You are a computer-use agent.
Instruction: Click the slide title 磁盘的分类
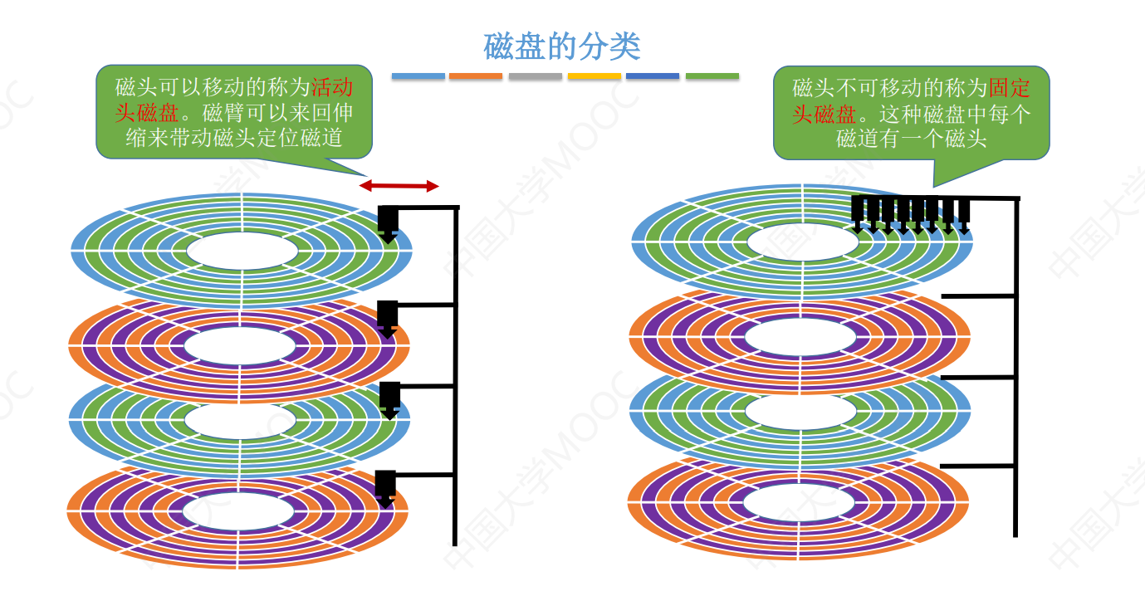point(562,46)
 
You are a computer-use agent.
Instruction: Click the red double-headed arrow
point(399,186)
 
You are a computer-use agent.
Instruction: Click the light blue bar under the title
point(418,76)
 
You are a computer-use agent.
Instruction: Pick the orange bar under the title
point(476,76)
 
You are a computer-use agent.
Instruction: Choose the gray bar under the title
point(536,76)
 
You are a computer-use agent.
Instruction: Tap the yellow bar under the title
point(595,76)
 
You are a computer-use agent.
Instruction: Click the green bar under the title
point(712,76)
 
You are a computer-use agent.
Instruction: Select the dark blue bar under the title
point(653,76)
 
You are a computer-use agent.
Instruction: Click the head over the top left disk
point(388,222)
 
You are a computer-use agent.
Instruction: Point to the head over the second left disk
point(387,316)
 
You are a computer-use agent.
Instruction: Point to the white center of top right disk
point(802,242)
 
